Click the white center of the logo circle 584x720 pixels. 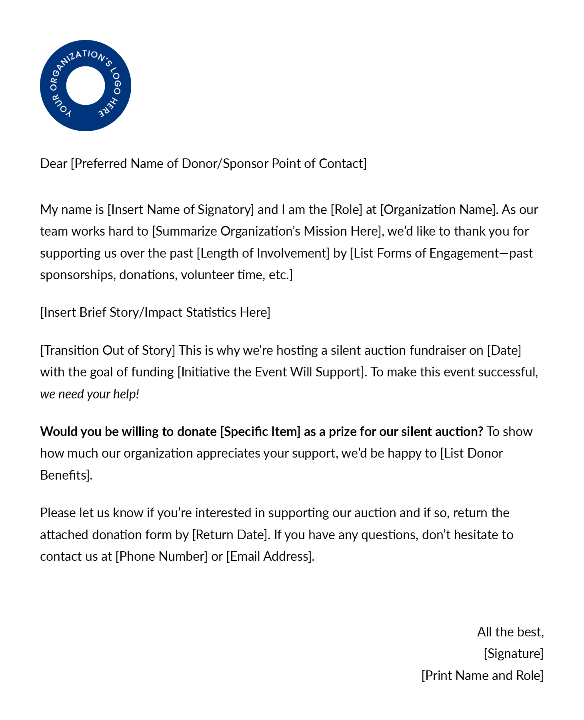85,86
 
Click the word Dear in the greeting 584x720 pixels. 54,164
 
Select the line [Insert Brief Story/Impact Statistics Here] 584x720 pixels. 155,312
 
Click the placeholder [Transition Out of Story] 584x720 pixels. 108,350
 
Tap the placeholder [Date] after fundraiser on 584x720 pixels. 504,350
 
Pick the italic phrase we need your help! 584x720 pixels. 90,394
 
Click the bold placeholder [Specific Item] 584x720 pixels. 260,432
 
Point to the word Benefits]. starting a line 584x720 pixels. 66,475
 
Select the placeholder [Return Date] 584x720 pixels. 230,535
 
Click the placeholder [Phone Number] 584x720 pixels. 161,556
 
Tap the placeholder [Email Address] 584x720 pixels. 270,556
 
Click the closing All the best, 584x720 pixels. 510,632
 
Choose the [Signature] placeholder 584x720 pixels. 514,654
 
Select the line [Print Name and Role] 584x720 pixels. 482,676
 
